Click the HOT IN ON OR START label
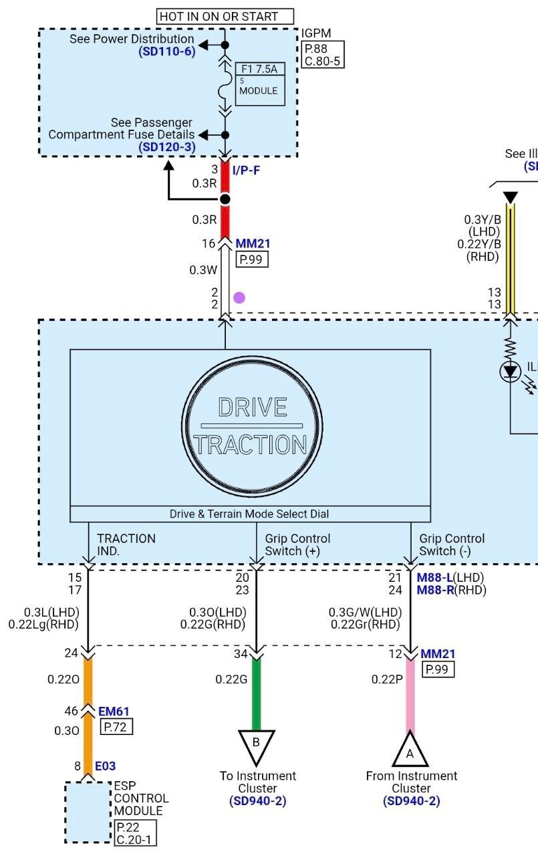(225, 17)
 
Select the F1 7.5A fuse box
(260, 84)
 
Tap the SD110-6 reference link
(167, 51)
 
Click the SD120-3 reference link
(167, 146)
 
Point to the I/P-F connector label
(246, 171)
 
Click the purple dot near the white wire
(239, 298)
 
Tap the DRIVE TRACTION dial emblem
(253, 427)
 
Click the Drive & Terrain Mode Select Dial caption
(249, 514)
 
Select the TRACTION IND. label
(126, 544)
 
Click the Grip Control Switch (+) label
(297, 544)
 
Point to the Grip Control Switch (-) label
(452, 544)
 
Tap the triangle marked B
(256, 744)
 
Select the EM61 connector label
(114, 712)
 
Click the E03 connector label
(106, 766)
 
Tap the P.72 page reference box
(116, 727)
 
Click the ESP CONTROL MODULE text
(141, 798)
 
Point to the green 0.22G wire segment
(256, 692)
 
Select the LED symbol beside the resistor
(511, 372)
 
